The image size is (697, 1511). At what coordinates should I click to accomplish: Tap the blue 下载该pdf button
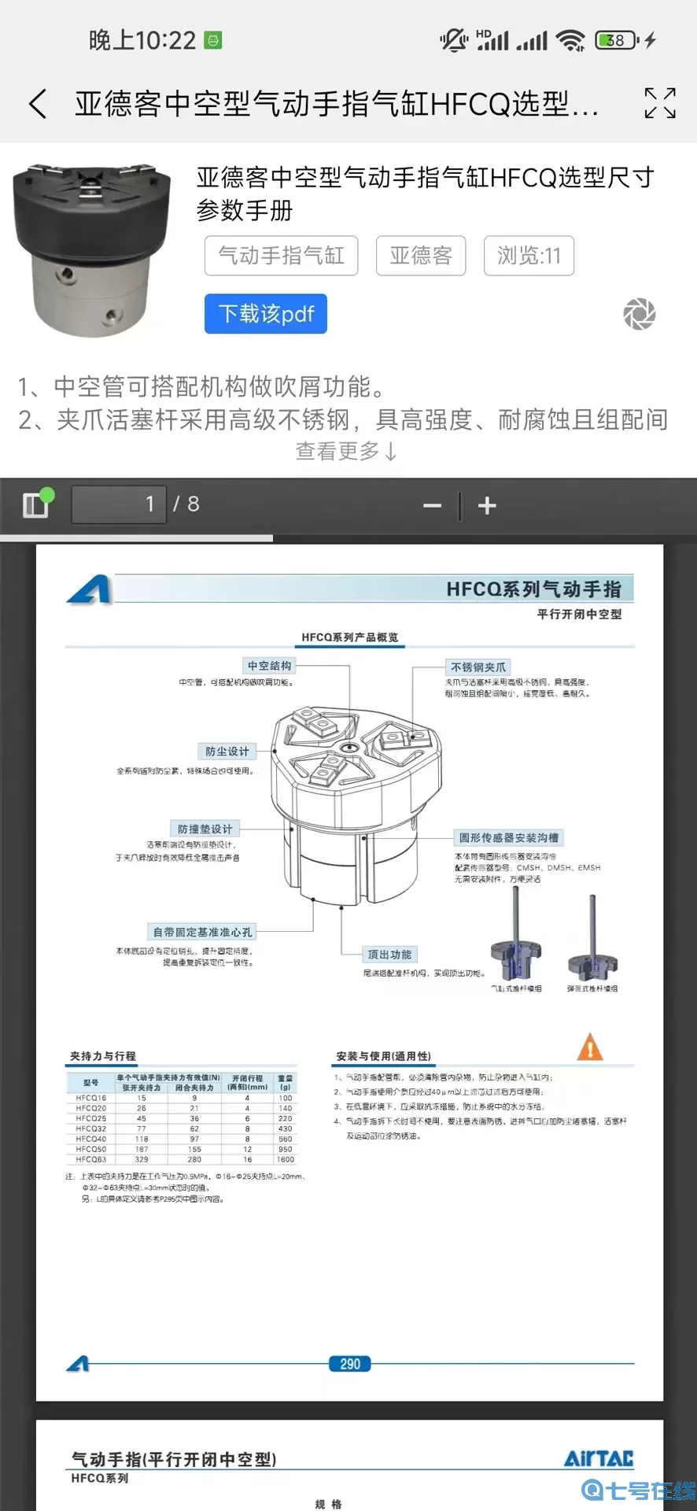pyautogui.click(x=266, y=314)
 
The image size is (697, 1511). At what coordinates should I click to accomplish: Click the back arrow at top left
pyautogui.click(x=38, y=103)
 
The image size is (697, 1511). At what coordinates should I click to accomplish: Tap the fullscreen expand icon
pyautogui.click(x=659, y=103)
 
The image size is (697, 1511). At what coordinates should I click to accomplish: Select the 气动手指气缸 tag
pyautogui.click(x=281, y=256)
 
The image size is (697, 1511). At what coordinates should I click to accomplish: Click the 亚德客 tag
pyautogui.click(x=421, y=256)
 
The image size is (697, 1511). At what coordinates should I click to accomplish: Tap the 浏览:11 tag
pyautogui.click(x=529, y=256)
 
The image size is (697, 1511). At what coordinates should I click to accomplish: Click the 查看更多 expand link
pyautogui.click(x=347, y=451)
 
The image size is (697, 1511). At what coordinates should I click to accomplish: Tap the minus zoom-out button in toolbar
pyautogui.click(x=432, y=505)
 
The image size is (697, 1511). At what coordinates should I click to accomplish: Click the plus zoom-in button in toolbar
pyautogui.click(x=487, y=505)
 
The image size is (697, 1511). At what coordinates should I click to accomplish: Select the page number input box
pyautogui.click(x=119, y=504)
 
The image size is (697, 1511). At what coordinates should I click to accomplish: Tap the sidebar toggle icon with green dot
pyautogui.click(x=36, y=504)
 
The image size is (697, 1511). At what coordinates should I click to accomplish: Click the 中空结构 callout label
pyautogui.click(x=270, y=666)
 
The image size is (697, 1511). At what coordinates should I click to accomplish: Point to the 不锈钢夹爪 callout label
pyautogui.click(x=478, y=667)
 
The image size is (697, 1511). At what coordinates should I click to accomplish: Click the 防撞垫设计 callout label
pyautogui.click(x=205, y=829)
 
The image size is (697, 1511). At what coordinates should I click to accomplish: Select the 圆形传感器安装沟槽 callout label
pyautogui.click(x=509, y=837)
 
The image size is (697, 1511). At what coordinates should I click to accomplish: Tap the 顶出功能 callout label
pyautogui.click(x=389, y=955)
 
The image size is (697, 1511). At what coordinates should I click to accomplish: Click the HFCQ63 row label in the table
pyautogui.click(x=91, y=1159)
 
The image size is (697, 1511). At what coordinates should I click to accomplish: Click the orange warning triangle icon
pyautogui.click(x=590, y=1047)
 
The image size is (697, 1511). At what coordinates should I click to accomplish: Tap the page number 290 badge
pyautogui.click(x=350, y=1364)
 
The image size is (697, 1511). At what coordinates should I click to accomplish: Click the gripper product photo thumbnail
pyautogui.click(x=92, y=249)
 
